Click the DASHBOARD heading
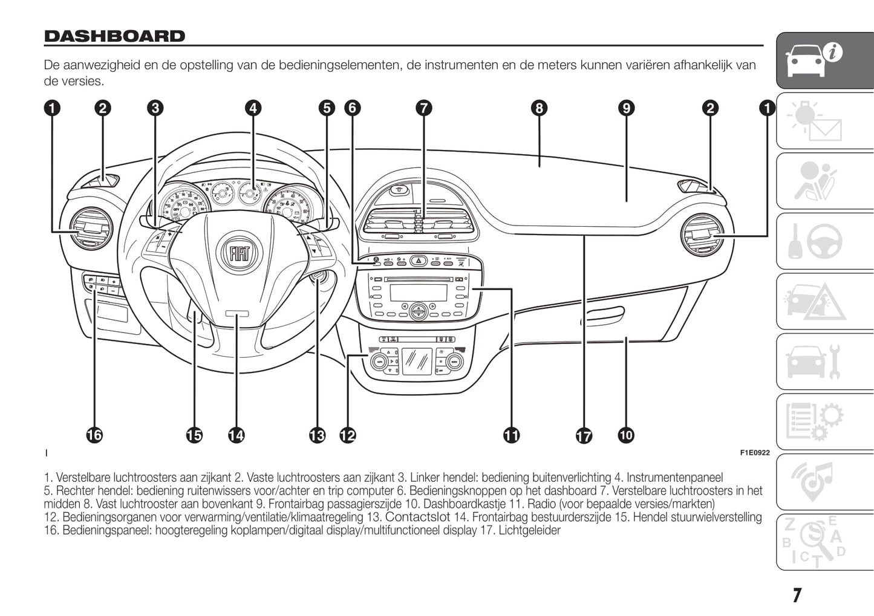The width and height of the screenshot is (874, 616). click(114, 36)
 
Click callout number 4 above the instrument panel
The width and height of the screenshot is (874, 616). click(253, 108)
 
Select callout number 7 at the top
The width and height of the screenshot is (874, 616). click(424, 108)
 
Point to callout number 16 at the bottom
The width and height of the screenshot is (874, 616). click(94, 435)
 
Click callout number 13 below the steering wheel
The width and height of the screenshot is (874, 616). click(317, 435)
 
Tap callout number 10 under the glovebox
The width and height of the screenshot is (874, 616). click(626, 435)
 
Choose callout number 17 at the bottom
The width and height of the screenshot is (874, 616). click(584, 435)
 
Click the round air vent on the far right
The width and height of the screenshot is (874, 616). click(702, 235)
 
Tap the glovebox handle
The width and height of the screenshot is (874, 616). click(602, 314)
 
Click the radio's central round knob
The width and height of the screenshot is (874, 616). click(418, 311)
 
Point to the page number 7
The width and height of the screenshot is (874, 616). click(797, 595)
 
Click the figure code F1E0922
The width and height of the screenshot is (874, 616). click(754, 453)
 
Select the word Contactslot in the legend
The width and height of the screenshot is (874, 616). click(417, 517)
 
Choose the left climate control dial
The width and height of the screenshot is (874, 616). click(380, 362)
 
